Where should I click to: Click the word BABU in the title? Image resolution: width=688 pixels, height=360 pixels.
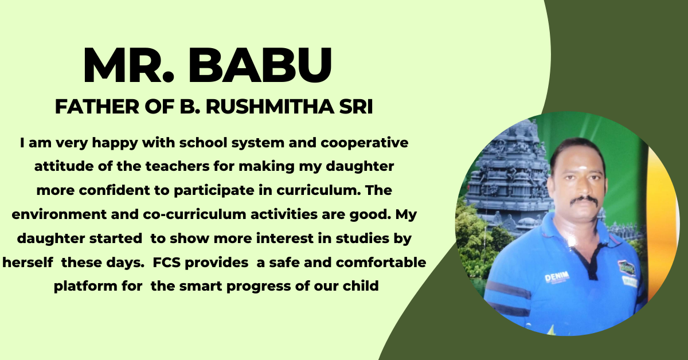pyautogui.click(x=260, y=65)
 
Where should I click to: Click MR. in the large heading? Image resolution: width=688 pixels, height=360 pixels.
pyautogui.click(x=128, y=65)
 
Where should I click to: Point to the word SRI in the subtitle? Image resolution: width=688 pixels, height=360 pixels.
pyautogui.click(x=356, y=107)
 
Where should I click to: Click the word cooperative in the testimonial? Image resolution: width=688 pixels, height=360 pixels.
pyautogui.click(x=365, y=143)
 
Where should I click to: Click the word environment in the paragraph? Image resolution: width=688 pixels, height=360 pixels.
pyautogui.click(x=59, y=214)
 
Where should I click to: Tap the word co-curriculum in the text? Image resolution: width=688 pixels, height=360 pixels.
pyautogui.click(x=195, y=214)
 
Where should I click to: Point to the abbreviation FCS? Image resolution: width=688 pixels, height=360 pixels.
pyautogui.click(x=166, y=263)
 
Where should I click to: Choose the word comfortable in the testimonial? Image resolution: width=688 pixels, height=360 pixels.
pyautogui.click(x=381, y=263)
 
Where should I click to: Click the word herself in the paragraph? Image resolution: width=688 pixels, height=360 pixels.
pyautogui.click(x=28, y=263)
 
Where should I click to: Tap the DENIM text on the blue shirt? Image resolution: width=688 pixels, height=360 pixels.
pyautogui.click(x=557, y=277)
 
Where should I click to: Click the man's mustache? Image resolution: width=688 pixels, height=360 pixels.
pyautogui.click(x=584, y=201)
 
